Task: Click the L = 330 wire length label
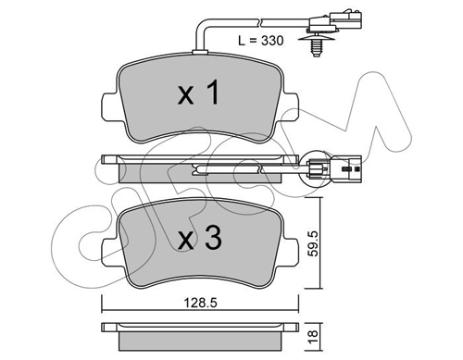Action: pos(260,41)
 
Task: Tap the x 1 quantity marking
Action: pos(199,92)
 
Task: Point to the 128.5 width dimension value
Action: pos(200,303)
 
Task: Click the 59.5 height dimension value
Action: pos(314,243)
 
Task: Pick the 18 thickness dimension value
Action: pos(313,334)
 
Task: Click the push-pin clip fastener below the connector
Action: pos(315,44)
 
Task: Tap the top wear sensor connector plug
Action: pos(335,21)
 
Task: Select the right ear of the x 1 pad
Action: pos(290,106)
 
